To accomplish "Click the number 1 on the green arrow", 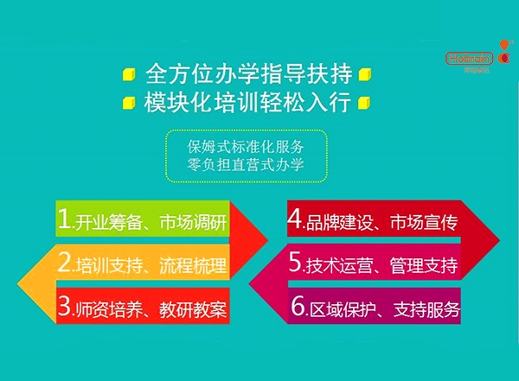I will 64,220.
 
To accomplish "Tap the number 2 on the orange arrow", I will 65,263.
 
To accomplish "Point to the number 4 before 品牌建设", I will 294,220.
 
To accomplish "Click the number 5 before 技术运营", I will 295,263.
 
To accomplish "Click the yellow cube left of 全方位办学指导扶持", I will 129,73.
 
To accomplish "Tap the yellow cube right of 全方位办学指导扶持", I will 366,73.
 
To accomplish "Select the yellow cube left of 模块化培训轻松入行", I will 129,103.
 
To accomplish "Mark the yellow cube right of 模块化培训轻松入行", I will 366,103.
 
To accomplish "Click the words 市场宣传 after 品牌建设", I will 421,222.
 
